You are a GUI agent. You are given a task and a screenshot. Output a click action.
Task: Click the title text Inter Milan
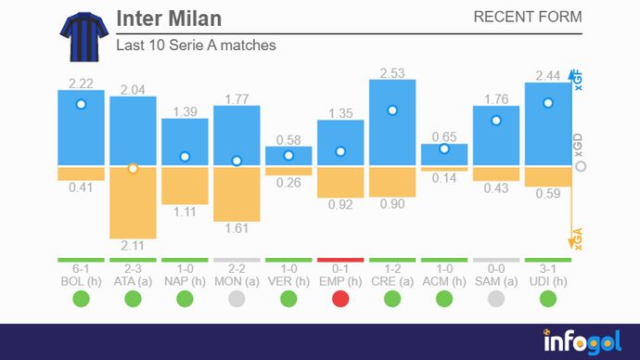click(169, 19)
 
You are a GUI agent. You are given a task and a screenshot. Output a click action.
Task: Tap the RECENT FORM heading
click(527, 17)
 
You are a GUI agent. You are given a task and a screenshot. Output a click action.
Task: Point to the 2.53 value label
click(392, 72)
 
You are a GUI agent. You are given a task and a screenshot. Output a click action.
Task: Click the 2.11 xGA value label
click(133, 245)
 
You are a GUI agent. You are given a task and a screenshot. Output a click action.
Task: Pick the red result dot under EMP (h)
click(340, 299)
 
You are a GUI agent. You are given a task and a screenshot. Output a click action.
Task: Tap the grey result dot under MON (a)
click(237, 299)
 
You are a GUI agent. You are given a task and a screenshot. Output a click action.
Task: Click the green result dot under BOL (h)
click(81, 299)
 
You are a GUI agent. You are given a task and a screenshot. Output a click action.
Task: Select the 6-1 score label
click(81, 268)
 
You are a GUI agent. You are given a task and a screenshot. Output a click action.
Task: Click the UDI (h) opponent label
click(548, 280)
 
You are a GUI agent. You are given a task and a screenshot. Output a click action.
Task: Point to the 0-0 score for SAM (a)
click(496, 268)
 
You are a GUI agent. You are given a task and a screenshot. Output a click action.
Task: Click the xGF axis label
click(579, 82)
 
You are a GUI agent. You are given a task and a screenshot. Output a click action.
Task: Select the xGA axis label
click(579, 239)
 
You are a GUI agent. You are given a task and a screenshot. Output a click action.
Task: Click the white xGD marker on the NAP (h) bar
click(185, 157)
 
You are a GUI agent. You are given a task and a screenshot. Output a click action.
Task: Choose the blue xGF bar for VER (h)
click(288, 156)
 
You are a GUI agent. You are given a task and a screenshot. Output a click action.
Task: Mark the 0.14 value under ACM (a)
click(444, 178)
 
